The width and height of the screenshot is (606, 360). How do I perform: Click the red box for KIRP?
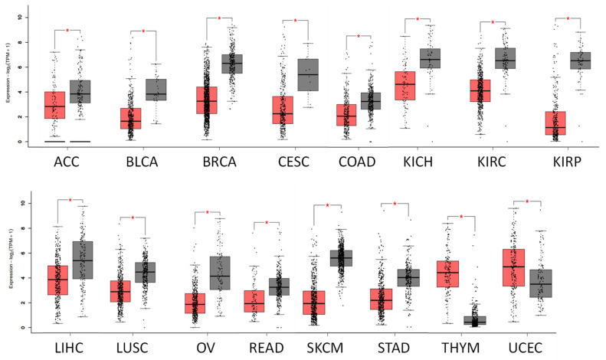pos(549,123)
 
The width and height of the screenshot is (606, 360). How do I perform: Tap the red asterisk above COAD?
pos(359,36)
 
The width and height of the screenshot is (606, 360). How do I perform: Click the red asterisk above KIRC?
pos(493,23)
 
